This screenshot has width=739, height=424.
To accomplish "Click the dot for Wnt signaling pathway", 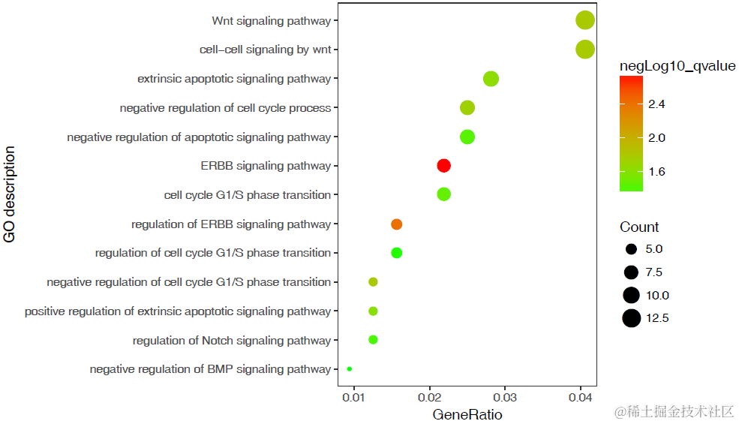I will tap(585, 21).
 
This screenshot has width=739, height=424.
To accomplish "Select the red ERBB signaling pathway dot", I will tap(443, 166).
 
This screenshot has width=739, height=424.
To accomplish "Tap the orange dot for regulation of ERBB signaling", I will tap(397, 224).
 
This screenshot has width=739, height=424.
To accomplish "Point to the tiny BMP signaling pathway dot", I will tap(350, 369).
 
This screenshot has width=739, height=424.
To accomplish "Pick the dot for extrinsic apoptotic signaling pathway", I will tap(491, 79).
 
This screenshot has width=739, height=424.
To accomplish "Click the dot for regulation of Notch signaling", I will tap(373, 340).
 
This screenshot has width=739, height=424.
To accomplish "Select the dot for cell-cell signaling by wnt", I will tap(585, 50).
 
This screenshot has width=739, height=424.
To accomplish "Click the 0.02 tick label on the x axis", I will tap(430, 396).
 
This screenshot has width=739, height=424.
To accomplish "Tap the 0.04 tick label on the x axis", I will tap(581, 396).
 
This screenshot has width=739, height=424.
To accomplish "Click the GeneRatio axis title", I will tap(467, 414).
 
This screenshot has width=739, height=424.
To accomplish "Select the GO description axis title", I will tap(10, 195).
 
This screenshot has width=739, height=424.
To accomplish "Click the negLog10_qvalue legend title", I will tap(677, 67).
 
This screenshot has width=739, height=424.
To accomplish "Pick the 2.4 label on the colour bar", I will tap(656, 104).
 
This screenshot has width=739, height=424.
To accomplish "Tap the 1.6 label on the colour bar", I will tap(656, 172).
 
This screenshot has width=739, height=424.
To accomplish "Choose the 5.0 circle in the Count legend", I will tap(631, 249).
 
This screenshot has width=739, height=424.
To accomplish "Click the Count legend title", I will tap(639, 227).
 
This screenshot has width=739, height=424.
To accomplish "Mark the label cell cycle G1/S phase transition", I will tap(248, 195).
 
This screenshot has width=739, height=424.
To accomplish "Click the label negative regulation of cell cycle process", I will tap(225, 108).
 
